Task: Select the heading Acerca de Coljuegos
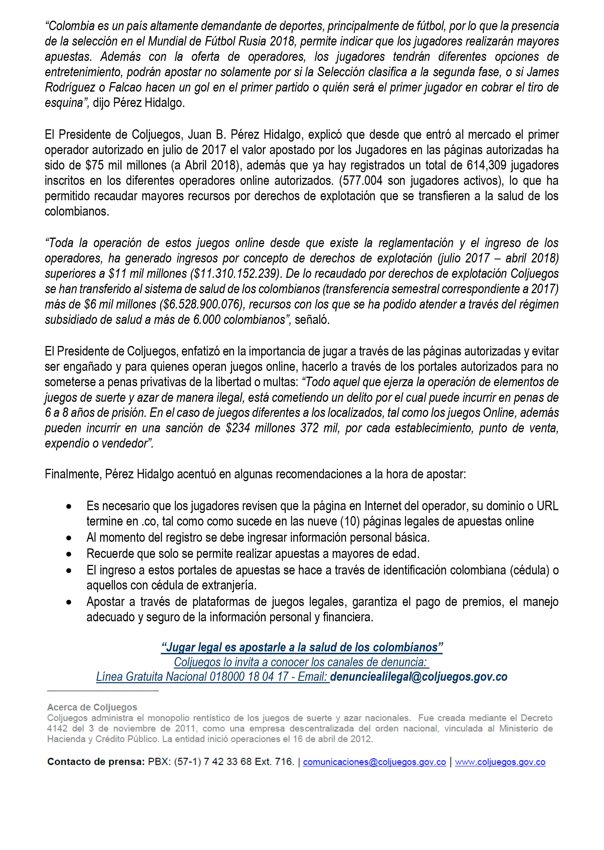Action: tap(92, 707)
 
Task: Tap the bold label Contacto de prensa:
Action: tap(96, 762)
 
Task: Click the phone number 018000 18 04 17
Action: tap(249, 677)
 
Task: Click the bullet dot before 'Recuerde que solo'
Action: tap(69, 554)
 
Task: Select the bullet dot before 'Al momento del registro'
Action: tap(69, 538)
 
